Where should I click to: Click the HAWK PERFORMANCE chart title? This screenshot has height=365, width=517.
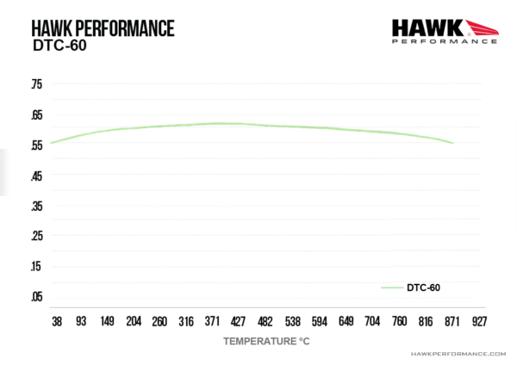[x=103, y=28]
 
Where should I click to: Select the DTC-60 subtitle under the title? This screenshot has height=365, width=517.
[x=59, y=46]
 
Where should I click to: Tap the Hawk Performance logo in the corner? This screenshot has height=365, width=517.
[x=445, y=32]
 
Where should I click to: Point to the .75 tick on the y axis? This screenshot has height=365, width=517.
[x=37, y=84]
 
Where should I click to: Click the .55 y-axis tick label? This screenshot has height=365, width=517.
[x=37, y=145]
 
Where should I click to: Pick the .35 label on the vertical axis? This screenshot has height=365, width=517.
[x=37, y=207]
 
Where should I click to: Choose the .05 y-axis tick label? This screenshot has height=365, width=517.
[x=37, y=296]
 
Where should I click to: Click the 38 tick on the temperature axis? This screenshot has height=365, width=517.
[x=57, y=321]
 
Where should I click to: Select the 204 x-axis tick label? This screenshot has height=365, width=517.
[x=134, y=321]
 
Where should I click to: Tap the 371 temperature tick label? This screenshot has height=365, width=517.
[x=212, y=321]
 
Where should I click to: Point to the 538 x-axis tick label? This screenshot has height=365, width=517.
[x=293, y=321]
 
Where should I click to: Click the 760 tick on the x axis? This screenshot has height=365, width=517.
[x=399, y=321]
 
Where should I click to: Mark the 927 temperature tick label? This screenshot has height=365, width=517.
[x=479, y=321]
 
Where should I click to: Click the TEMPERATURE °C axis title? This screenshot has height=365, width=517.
[x=266, y=341]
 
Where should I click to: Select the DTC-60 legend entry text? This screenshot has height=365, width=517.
[x=423, y=288]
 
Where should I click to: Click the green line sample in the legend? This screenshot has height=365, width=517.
[x=392, y=288]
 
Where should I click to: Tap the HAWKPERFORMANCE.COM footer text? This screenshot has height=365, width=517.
[x=458, y=354]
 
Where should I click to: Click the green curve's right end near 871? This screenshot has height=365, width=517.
[x=453, y=143]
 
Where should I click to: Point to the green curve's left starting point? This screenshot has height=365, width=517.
[x=51, y=143]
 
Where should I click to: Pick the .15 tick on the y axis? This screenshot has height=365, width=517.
[x=37, y=266]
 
